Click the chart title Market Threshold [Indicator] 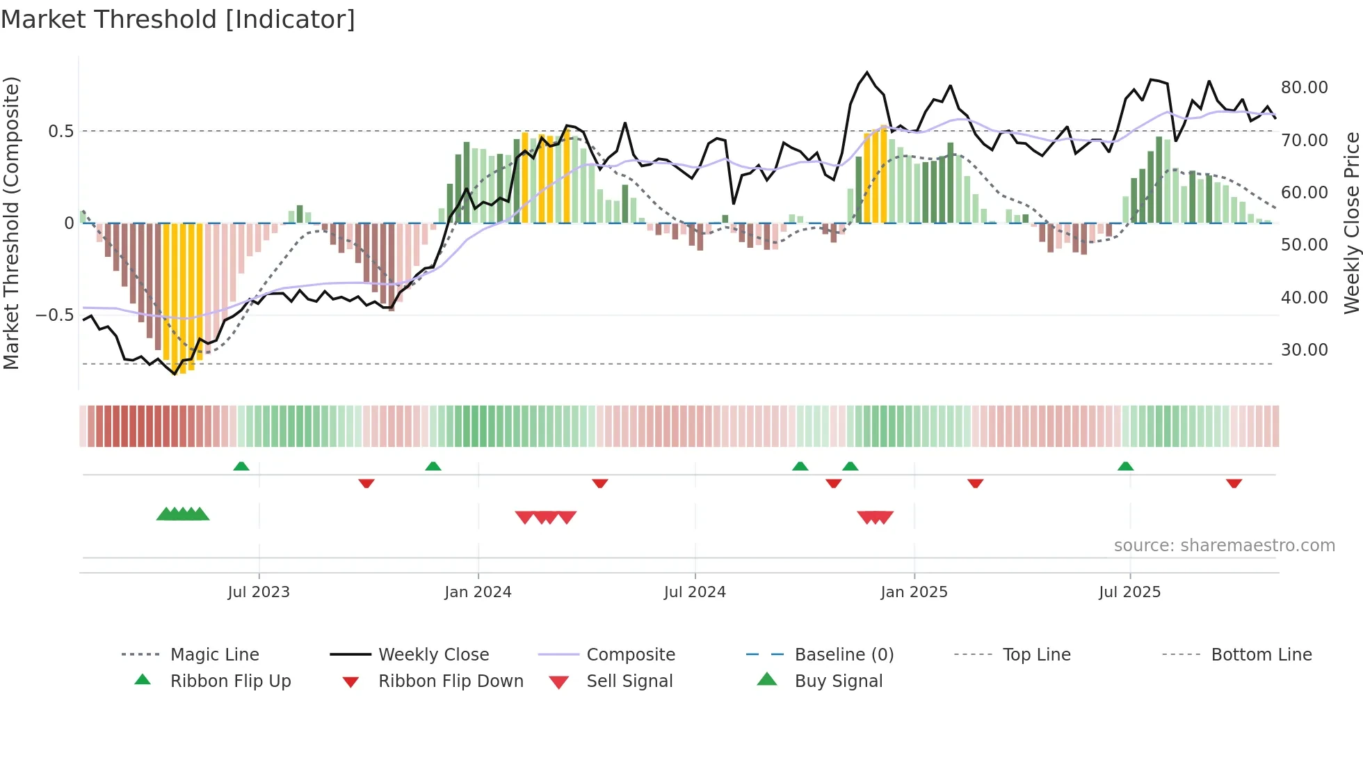[x=178, y=19]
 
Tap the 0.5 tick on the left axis [x=61, y=132]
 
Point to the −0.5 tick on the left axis [x=55, y=315]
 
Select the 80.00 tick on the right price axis [x=1304, y=88]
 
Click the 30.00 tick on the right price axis [x=1304, y=350]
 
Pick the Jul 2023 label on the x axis [x=259, y=592]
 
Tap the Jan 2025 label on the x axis [x=914, y=592]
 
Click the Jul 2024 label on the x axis [x=695, y=592]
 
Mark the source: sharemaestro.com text [x=1224, y=546]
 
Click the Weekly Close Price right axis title [x=1351, y=223]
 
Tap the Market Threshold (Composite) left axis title [x=11, y=223]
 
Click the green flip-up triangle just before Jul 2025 [x=1125, y=466]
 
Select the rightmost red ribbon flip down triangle [x=1234, y=483]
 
